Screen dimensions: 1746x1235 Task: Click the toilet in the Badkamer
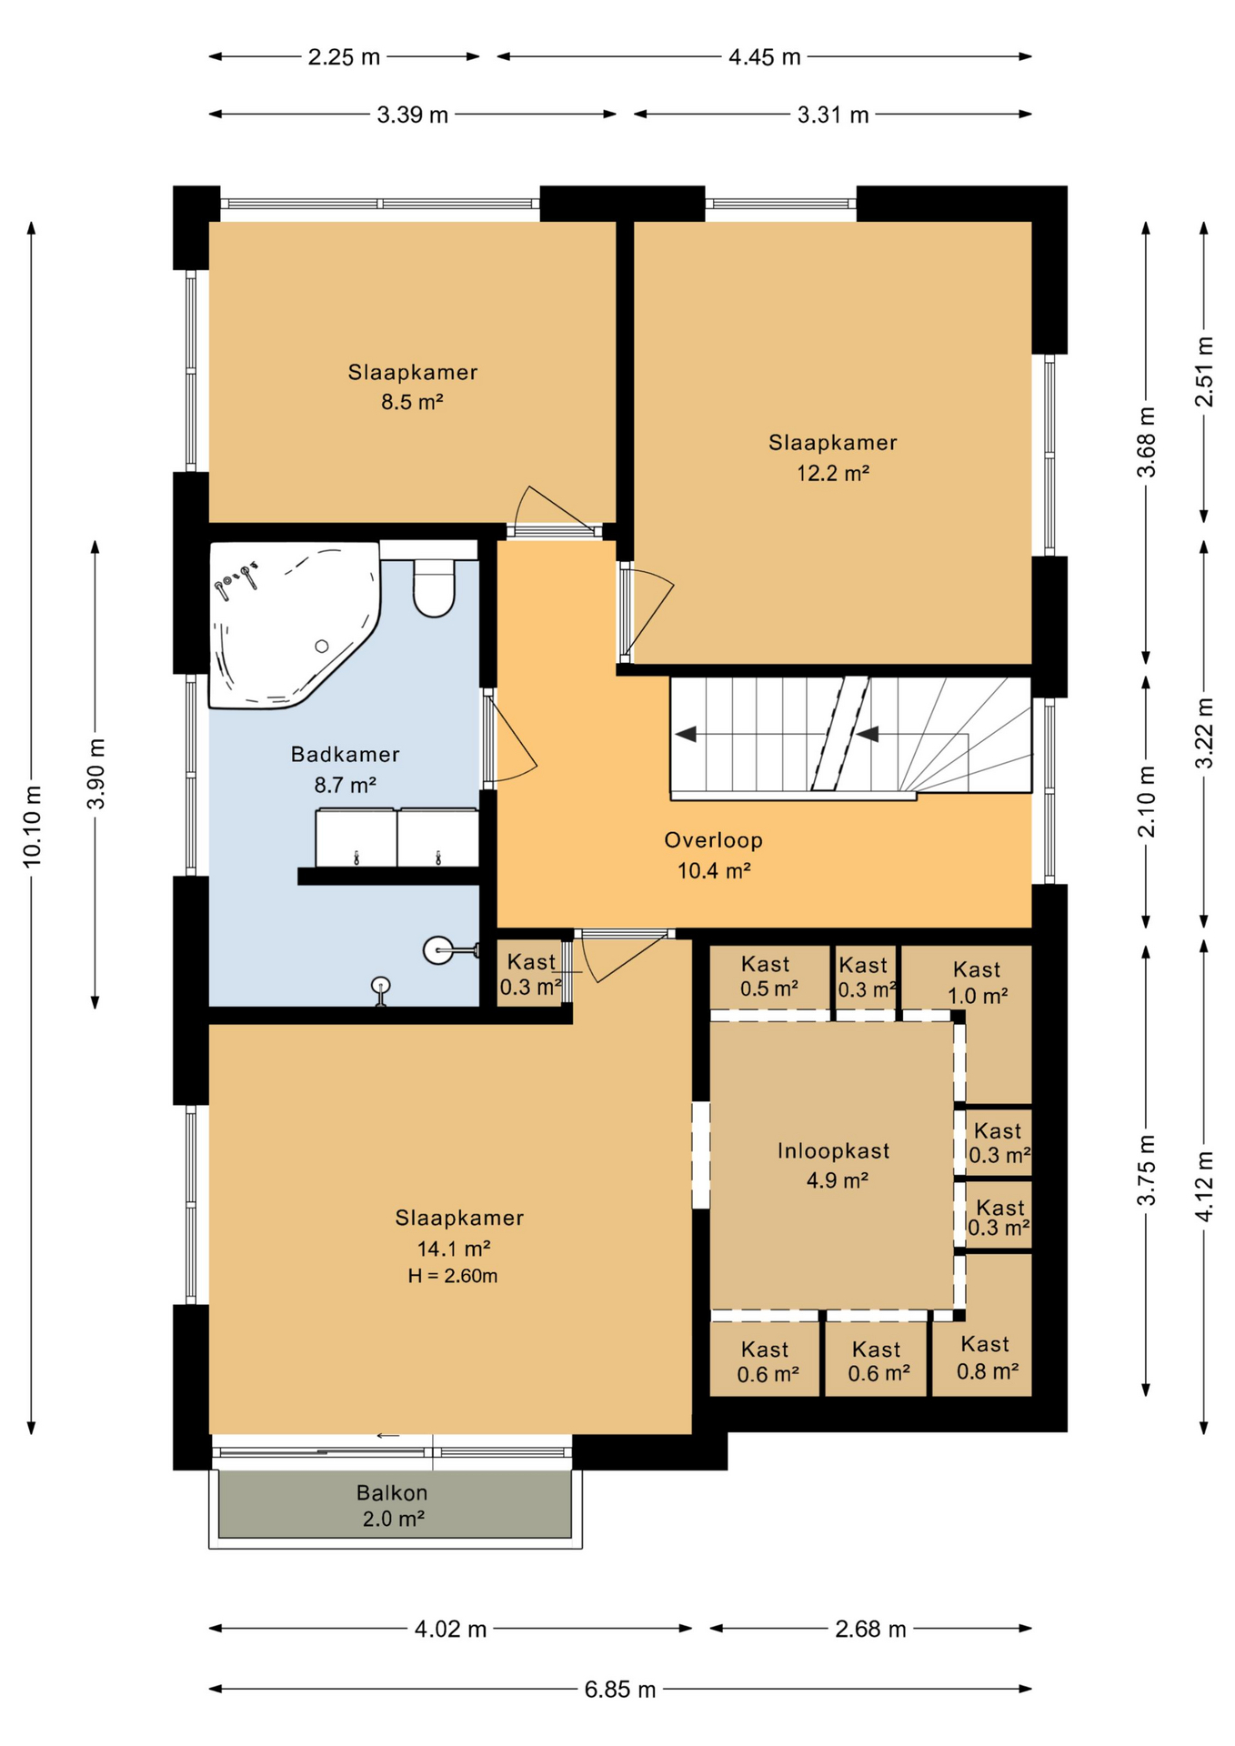click(434, 587)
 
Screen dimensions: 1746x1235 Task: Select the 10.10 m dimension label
click(32, 826)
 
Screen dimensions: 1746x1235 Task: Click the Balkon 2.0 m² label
click(393, 1505)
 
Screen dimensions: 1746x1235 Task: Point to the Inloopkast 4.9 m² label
click(834, 1165)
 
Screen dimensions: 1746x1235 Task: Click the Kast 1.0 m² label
click(977, 982)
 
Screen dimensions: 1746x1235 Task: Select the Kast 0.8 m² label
click(986, 1357)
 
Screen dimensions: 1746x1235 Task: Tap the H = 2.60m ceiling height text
click(452, 1276)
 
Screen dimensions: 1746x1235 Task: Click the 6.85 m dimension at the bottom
click(619, 1689)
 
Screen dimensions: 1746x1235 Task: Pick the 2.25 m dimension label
click(344, 56)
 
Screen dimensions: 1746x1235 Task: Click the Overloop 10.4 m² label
click(713, 855)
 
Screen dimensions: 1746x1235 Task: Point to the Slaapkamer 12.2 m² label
click(832, 457)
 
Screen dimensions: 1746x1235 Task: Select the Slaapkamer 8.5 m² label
click(412, 386)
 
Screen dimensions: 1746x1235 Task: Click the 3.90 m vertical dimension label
click(95, 774)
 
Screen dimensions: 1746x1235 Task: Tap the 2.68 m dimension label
click(870, 1629)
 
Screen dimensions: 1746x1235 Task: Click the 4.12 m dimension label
click(1204, 1187)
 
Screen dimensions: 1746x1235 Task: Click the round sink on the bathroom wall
click(439, 951)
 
